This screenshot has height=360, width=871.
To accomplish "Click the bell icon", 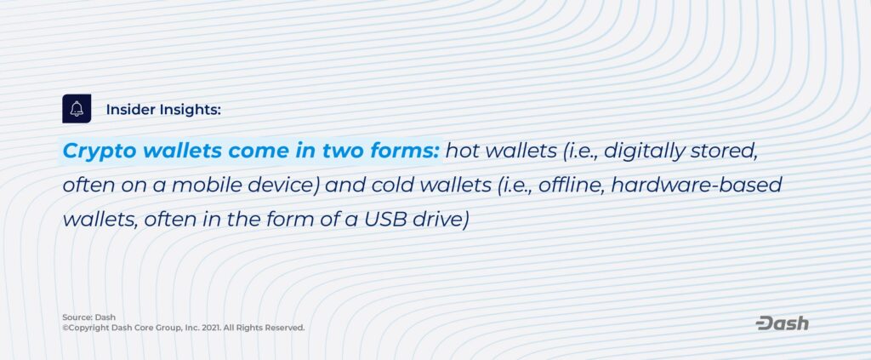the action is point(77,109).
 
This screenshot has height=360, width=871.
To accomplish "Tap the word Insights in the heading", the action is point(191,111).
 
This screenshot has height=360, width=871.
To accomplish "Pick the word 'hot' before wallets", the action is point(458,151).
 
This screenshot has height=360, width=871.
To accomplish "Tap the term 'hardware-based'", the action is point(697,185).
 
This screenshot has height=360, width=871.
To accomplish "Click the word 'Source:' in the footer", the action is point(77,317).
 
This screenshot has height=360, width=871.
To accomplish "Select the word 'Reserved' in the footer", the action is point(284,328).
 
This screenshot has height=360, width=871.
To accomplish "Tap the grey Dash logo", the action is point(783,323).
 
